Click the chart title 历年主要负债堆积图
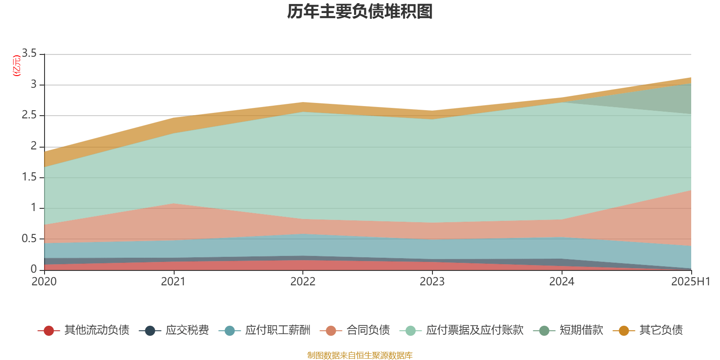point(360,12)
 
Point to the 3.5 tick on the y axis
point(29,54)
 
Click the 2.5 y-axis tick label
point(29,115)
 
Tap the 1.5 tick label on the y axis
point(29,177)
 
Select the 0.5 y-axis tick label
point(29,238)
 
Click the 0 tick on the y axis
point(34,269)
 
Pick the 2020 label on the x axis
point(44,282)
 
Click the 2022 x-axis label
point(303,282)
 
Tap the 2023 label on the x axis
point(432,282)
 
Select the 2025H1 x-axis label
point(690,282)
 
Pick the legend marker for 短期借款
point(544,331)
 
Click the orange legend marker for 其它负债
point(624,331)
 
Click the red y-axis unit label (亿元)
point(17,66)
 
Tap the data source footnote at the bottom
point(360,355)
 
